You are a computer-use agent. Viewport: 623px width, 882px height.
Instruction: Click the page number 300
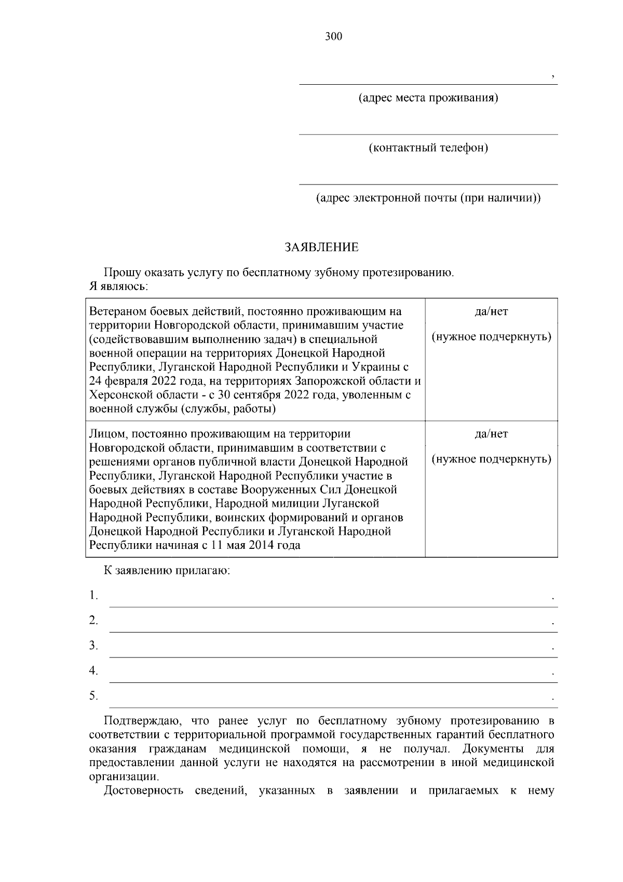tap(333, 36)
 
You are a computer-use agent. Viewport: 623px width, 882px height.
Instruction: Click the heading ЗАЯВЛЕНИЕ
tap(322, 247)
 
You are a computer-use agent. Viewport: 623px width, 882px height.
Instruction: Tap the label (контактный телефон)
tap(428, 148)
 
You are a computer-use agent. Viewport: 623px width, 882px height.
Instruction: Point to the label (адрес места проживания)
tap(428, 98)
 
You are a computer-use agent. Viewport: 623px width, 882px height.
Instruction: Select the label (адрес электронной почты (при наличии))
tap(428, 198)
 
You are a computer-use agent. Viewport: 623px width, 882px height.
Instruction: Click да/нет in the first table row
tap(491, 312)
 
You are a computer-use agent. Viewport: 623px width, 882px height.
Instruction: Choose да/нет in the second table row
tap(491, 434)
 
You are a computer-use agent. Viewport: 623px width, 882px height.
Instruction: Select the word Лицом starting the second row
tap(106, 434)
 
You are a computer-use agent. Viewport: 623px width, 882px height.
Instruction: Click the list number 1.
tap(93, 595)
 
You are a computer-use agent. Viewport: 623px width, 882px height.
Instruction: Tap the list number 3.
tap(93, 646)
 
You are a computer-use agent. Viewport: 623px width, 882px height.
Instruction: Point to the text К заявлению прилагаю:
tap(167, 571)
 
